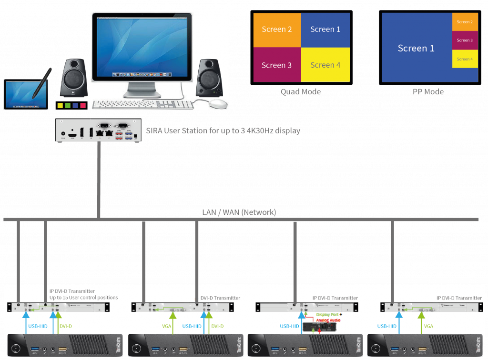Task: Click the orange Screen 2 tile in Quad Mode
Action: tap(277, 30)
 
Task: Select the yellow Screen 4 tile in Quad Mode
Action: tap(325, 65)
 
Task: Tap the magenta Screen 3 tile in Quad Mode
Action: tap(277, 65)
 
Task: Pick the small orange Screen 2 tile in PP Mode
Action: tap(465, 22)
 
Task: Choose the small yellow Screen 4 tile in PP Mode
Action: tap(465, 59)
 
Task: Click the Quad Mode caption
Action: tap(301, 92)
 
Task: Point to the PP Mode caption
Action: tap(428, 92)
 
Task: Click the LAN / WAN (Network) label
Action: tap(239, 212)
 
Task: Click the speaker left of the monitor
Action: tap(73, 78)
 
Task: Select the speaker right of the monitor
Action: tap(209, 78)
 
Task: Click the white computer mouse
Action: tap(218, 104)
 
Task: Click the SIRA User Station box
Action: tap(98, 130)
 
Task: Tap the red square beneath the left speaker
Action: tap(83, 105)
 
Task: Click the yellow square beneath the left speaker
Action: tap(60, 105)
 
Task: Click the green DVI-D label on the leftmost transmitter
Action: tap(66, 326)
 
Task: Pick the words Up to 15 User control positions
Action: tap(83, 298)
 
